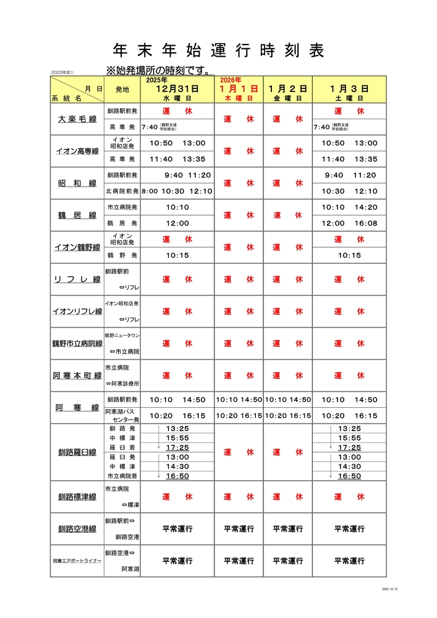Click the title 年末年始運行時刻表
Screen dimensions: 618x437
coord(219,50)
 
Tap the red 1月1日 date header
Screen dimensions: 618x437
coord(239,88)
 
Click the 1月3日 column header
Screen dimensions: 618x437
coord(349,88)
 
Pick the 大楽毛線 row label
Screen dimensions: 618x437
coord(77,119)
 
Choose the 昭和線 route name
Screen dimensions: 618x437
coord(77,183)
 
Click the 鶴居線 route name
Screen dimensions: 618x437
coord(77,215)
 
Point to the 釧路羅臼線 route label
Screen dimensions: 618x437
coord(77,452)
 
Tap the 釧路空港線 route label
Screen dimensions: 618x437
coord(77,529)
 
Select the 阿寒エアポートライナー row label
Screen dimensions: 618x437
coord(77,561)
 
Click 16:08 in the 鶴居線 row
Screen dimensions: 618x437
coord(365,223)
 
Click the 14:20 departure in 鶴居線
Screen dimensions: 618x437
coord(365,207)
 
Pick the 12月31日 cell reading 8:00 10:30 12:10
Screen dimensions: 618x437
coord(177,191)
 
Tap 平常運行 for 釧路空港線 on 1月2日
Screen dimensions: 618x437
coord(288,529)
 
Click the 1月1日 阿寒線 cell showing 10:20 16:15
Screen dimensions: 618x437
coord(239,416)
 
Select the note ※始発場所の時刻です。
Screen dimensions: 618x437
coord(158,70)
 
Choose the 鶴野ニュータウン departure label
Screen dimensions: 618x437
coord(122,335)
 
